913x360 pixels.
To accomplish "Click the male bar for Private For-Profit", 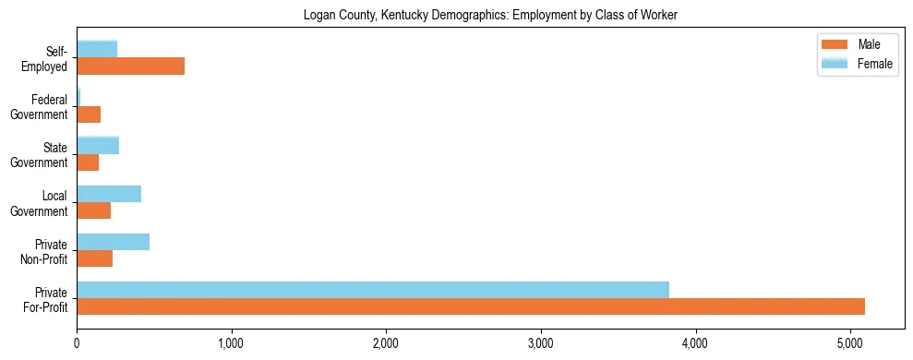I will point(471,306).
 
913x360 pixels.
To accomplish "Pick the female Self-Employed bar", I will point(97,49).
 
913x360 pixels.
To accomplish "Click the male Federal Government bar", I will point(89,114).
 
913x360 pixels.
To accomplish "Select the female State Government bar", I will point(98,145).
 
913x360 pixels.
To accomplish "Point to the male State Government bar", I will point(88,162).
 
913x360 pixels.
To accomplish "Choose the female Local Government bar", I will point(109,194).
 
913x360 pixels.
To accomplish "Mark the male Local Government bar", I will point(93,210).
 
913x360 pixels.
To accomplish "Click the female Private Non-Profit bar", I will point(113,242).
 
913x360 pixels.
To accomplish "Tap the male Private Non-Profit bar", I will point(94,258).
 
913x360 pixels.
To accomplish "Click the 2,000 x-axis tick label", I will point(386,344).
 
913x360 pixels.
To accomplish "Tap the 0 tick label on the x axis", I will point(77,344).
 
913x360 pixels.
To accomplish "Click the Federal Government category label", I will point(42,106).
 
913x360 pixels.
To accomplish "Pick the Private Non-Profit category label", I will point(45,250).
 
